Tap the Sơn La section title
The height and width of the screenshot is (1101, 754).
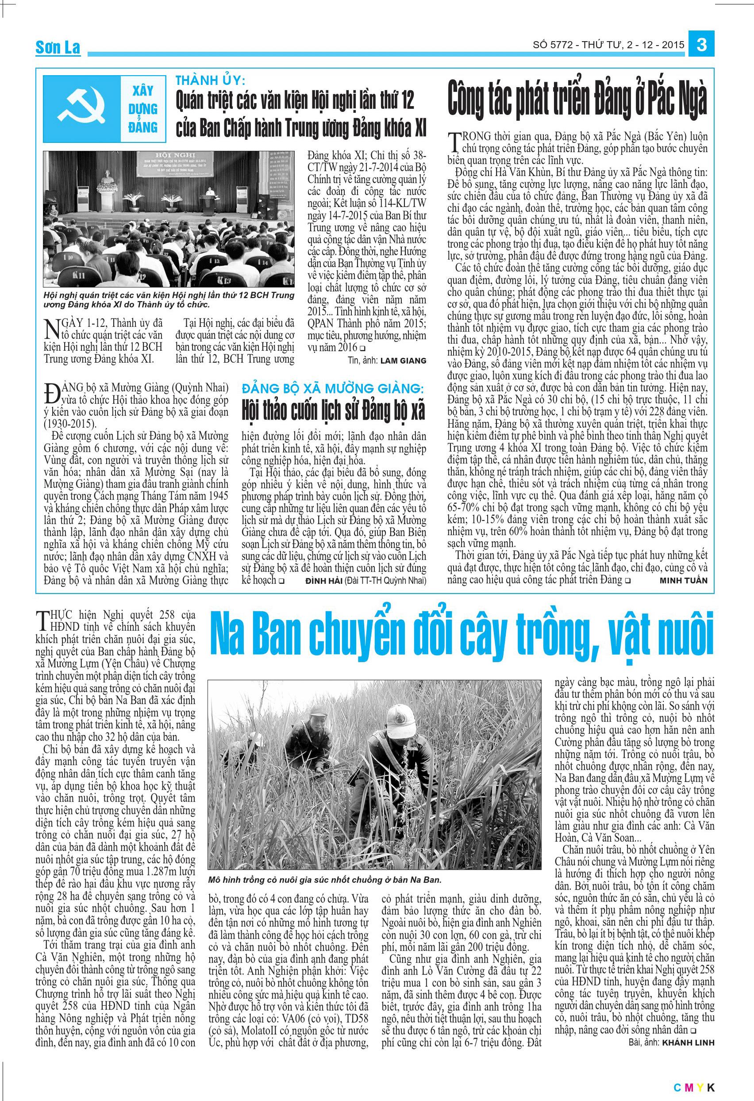(x=58, y=48)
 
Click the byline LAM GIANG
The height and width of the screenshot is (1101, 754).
(x=401, y=361)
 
